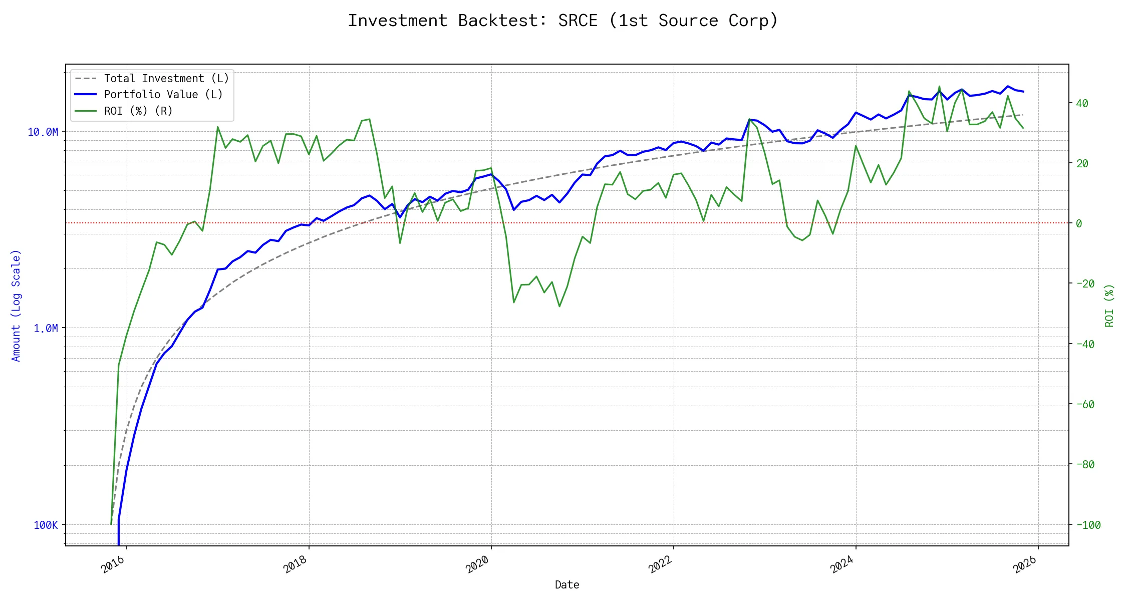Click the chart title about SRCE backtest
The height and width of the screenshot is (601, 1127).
click(x=563, y=21)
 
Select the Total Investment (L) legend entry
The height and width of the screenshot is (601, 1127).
click(x=166, y=79)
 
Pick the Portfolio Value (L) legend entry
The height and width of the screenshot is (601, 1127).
click(x=163, y=95)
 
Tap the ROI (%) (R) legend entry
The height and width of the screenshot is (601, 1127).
click(x=138, y=111)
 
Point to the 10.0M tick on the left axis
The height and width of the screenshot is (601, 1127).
click(x=43, y=132)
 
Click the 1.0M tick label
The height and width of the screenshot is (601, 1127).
click(x=46, y=328)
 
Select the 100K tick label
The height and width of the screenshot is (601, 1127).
click(x=46, y=525)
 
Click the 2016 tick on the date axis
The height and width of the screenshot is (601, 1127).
click(x=113, y=564)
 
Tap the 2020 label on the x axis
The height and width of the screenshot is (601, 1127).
click(x=477, y=564)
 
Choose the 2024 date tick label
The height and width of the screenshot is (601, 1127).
click(x=842, y=564)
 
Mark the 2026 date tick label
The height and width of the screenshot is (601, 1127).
click(x=1025, y=564)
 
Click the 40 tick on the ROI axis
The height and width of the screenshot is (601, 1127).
click(x=1082, y=103)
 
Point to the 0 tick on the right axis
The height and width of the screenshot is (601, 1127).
click(x=1079, y=223)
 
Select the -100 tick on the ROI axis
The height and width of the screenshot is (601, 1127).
click(x=1088, y=525)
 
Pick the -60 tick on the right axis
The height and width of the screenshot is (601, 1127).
click(x=1085, y=404)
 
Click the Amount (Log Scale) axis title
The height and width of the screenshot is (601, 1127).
click(x=16, y=306)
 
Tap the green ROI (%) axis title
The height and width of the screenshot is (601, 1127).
click(x=1109, y=306)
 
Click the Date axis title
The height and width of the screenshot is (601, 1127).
click(x=567, y=584)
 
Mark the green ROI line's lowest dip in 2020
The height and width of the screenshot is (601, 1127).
click(x=559, y=307)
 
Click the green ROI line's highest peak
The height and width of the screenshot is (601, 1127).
click(x=939, y=86)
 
